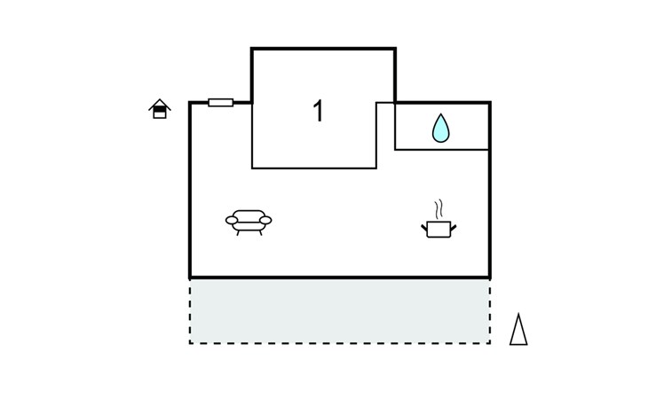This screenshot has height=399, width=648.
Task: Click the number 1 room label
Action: [318, 111]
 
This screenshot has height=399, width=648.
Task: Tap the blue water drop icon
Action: [440, 129]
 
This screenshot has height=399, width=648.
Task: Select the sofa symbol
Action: [249, 223]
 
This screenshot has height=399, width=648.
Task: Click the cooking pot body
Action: [439, 230]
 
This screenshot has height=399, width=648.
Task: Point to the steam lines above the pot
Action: [439, 209]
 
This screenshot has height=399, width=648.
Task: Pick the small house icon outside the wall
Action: [160, 108]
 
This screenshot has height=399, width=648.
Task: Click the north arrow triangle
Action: [518, 329]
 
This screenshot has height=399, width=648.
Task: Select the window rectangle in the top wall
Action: [221, 102]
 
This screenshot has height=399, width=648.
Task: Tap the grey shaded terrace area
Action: [340, 311]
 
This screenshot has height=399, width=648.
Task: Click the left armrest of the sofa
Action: [232, 221]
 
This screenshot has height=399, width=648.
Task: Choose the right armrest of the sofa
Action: [265, 221]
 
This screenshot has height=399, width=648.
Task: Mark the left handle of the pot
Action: [424, 228]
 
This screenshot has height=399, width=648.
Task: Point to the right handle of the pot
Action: [454, 228]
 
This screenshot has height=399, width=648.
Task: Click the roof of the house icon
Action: [160, 104]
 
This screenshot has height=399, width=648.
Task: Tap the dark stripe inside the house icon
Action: [160, 109]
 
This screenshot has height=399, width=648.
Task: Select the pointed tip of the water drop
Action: [441, 113]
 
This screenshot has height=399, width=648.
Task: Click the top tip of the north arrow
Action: [518, 314]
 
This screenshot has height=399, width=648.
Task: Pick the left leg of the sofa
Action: [238, 232]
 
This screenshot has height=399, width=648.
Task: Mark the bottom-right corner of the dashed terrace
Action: [490, 343]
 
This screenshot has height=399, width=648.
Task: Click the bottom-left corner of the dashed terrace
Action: [190, 343]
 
